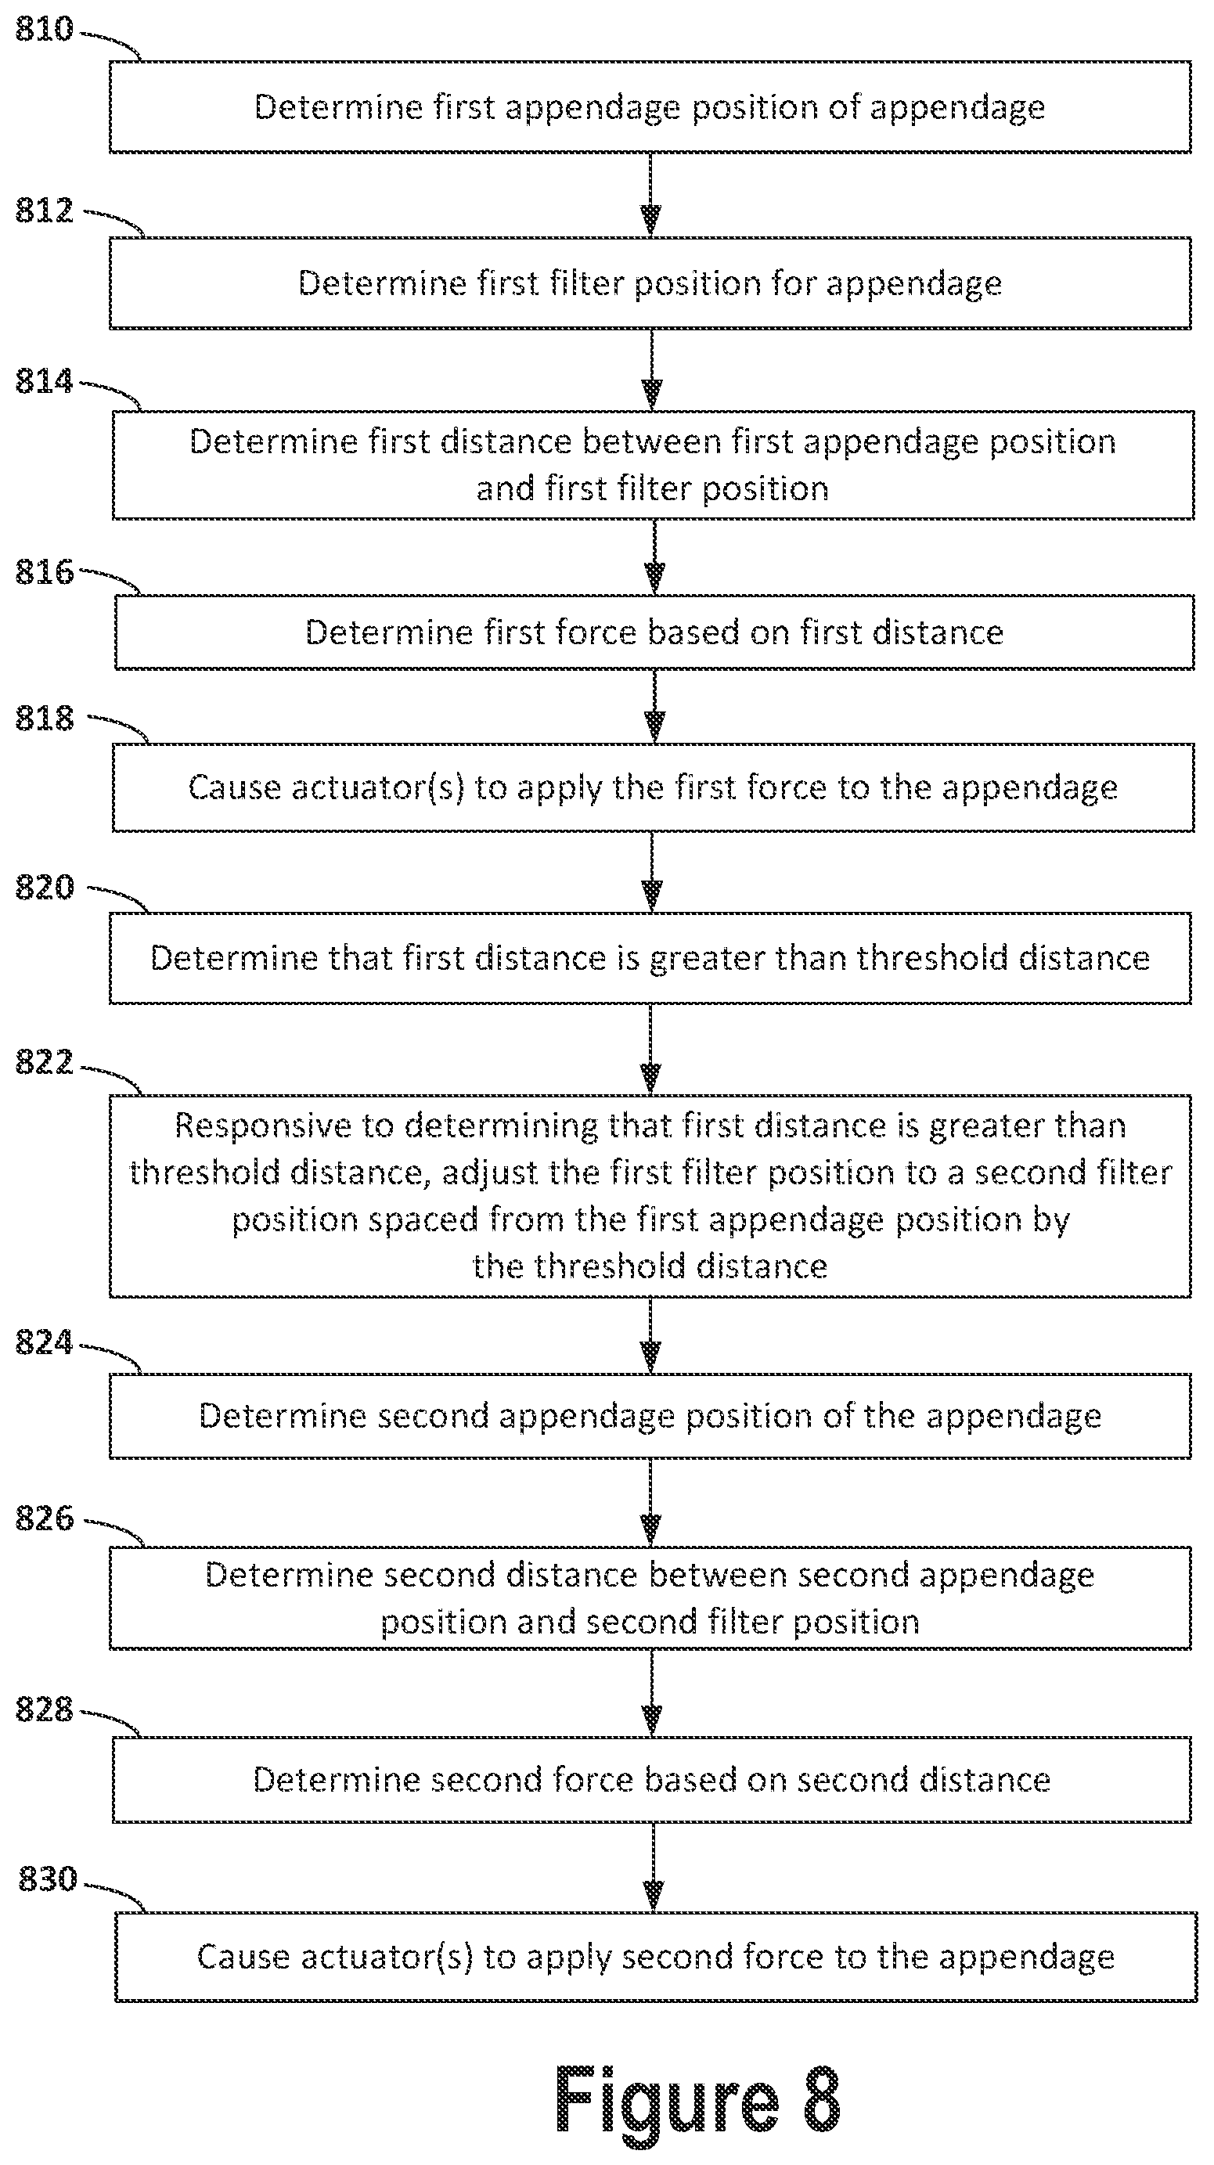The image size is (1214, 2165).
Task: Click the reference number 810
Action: tap(45, 30)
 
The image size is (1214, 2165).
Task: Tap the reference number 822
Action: tap(45, 1062)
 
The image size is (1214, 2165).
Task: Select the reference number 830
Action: tap(48, 1878)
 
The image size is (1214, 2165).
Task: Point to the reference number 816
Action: tap(45, 572)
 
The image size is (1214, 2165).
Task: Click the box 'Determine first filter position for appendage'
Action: tap(650, 283)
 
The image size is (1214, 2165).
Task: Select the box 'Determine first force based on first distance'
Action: tap(654, 632)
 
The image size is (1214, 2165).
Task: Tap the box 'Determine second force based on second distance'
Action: tap(651, 1779)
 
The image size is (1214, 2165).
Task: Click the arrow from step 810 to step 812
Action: tap(650, 195)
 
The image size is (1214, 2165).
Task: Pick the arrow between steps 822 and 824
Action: tap(650, 1335)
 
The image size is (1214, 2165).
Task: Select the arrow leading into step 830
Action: tap(654, 1867)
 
